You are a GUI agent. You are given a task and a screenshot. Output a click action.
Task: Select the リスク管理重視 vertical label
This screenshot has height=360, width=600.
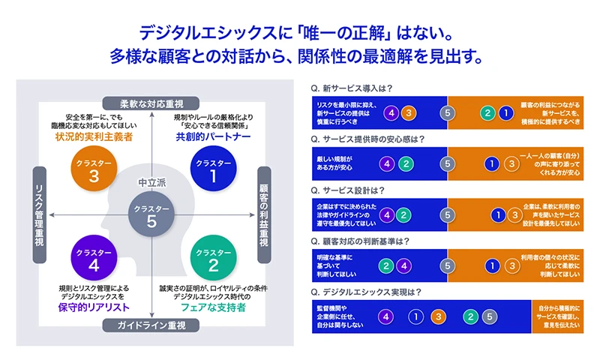pos(41,214)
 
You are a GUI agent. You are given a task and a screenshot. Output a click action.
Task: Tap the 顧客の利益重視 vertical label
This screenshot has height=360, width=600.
pos(263,214)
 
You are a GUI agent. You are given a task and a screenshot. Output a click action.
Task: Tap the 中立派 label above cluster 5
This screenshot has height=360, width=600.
pos(152,182)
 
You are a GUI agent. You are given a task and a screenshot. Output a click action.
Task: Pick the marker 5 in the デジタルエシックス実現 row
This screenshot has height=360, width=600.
pos(489,316)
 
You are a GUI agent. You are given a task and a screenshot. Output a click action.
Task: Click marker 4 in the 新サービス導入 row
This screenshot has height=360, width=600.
pos(389,112)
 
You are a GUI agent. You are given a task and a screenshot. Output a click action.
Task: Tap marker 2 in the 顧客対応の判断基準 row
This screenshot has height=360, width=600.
pos(385,265)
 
